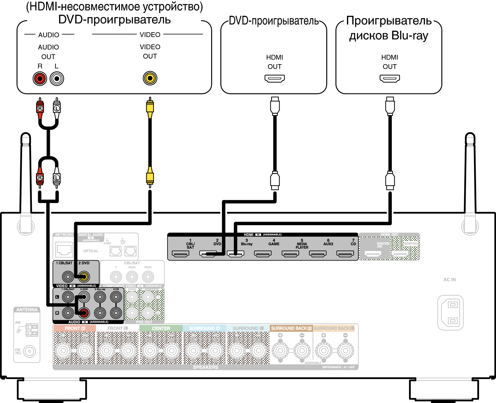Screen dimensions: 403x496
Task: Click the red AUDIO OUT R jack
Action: click(40, 79)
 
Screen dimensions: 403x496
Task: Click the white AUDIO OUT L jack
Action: click(57, 79)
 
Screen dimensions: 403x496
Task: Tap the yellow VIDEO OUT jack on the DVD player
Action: click(150, 78)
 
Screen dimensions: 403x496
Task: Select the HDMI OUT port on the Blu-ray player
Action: click(390, 79)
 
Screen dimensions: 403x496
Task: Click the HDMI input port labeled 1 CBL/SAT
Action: click(180, 254)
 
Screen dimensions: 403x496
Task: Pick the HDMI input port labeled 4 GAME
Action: click(263, 254)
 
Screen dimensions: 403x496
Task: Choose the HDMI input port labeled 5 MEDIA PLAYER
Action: click(290, 254)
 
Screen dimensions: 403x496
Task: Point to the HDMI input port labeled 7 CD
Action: click(345, 254)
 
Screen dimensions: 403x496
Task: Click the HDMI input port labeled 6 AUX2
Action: click(318, 254)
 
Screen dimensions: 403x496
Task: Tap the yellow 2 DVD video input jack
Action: click(84, 277)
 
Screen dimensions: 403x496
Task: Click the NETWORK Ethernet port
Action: click(64, 250)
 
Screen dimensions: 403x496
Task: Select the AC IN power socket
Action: click(451, 312)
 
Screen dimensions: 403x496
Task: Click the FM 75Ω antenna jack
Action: click(30, 351)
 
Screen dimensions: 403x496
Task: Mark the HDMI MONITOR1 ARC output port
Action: click(373, 254)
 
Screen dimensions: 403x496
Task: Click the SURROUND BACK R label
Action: click(291, 328)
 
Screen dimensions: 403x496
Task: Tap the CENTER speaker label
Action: click(161, 328)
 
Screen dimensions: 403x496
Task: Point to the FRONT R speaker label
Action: click(75, 328)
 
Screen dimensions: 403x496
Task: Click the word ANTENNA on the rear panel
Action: click(27, 310)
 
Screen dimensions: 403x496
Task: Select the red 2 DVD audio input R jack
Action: click(84, 313)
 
